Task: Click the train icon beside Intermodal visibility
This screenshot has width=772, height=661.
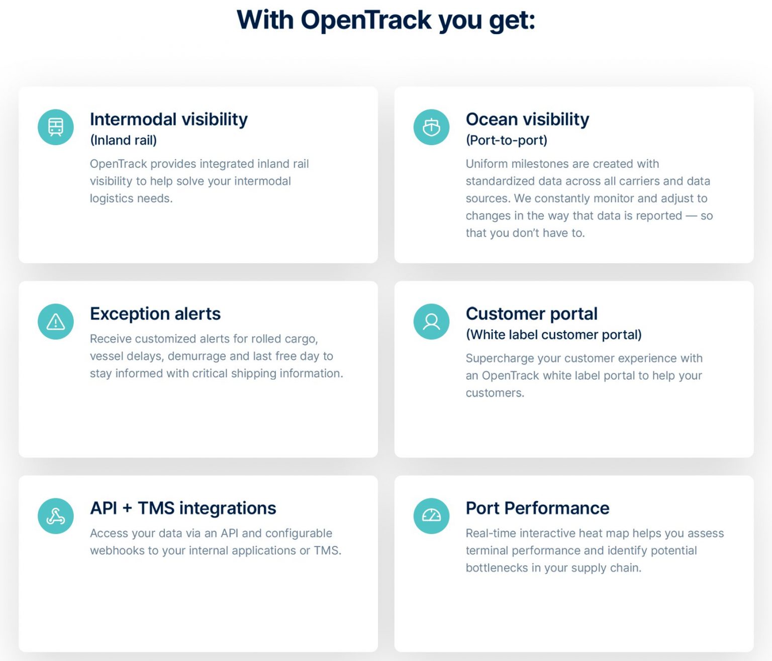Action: point(56,127)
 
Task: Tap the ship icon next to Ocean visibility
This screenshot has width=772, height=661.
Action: point(431,127)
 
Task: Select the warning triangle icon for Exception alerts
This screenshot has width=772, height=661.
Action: point(56,321)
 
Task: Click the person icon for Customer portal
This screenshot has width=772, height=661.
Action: point(431,321)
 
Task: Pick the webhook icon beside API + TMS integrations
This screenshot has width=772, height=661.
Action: point(56,516)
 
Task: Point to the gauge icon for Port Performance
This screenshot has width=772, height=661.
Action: point(431,516)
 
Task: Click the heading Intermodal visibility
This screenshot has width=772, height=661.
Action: point(169,120)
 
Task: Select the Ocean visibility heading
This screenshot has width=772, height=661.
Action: point(527,120)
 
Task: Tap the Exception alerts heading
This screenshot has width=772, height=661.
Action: point(155,314)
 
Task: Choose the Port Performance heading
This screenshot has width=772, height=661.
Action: point(537,508)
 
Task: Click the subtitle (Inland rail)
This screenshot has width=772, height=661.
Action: point(123,140)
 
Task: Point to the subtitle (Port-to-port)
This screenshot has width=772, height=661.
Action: point(507,140)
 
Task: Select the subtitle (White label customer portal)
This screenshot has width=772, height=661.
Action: point(553,335)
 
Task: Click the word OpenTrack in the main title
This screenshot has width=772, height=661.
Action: point(366,20)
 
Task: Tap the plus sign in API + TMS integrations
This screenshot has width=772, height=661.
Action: point(127,509)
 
